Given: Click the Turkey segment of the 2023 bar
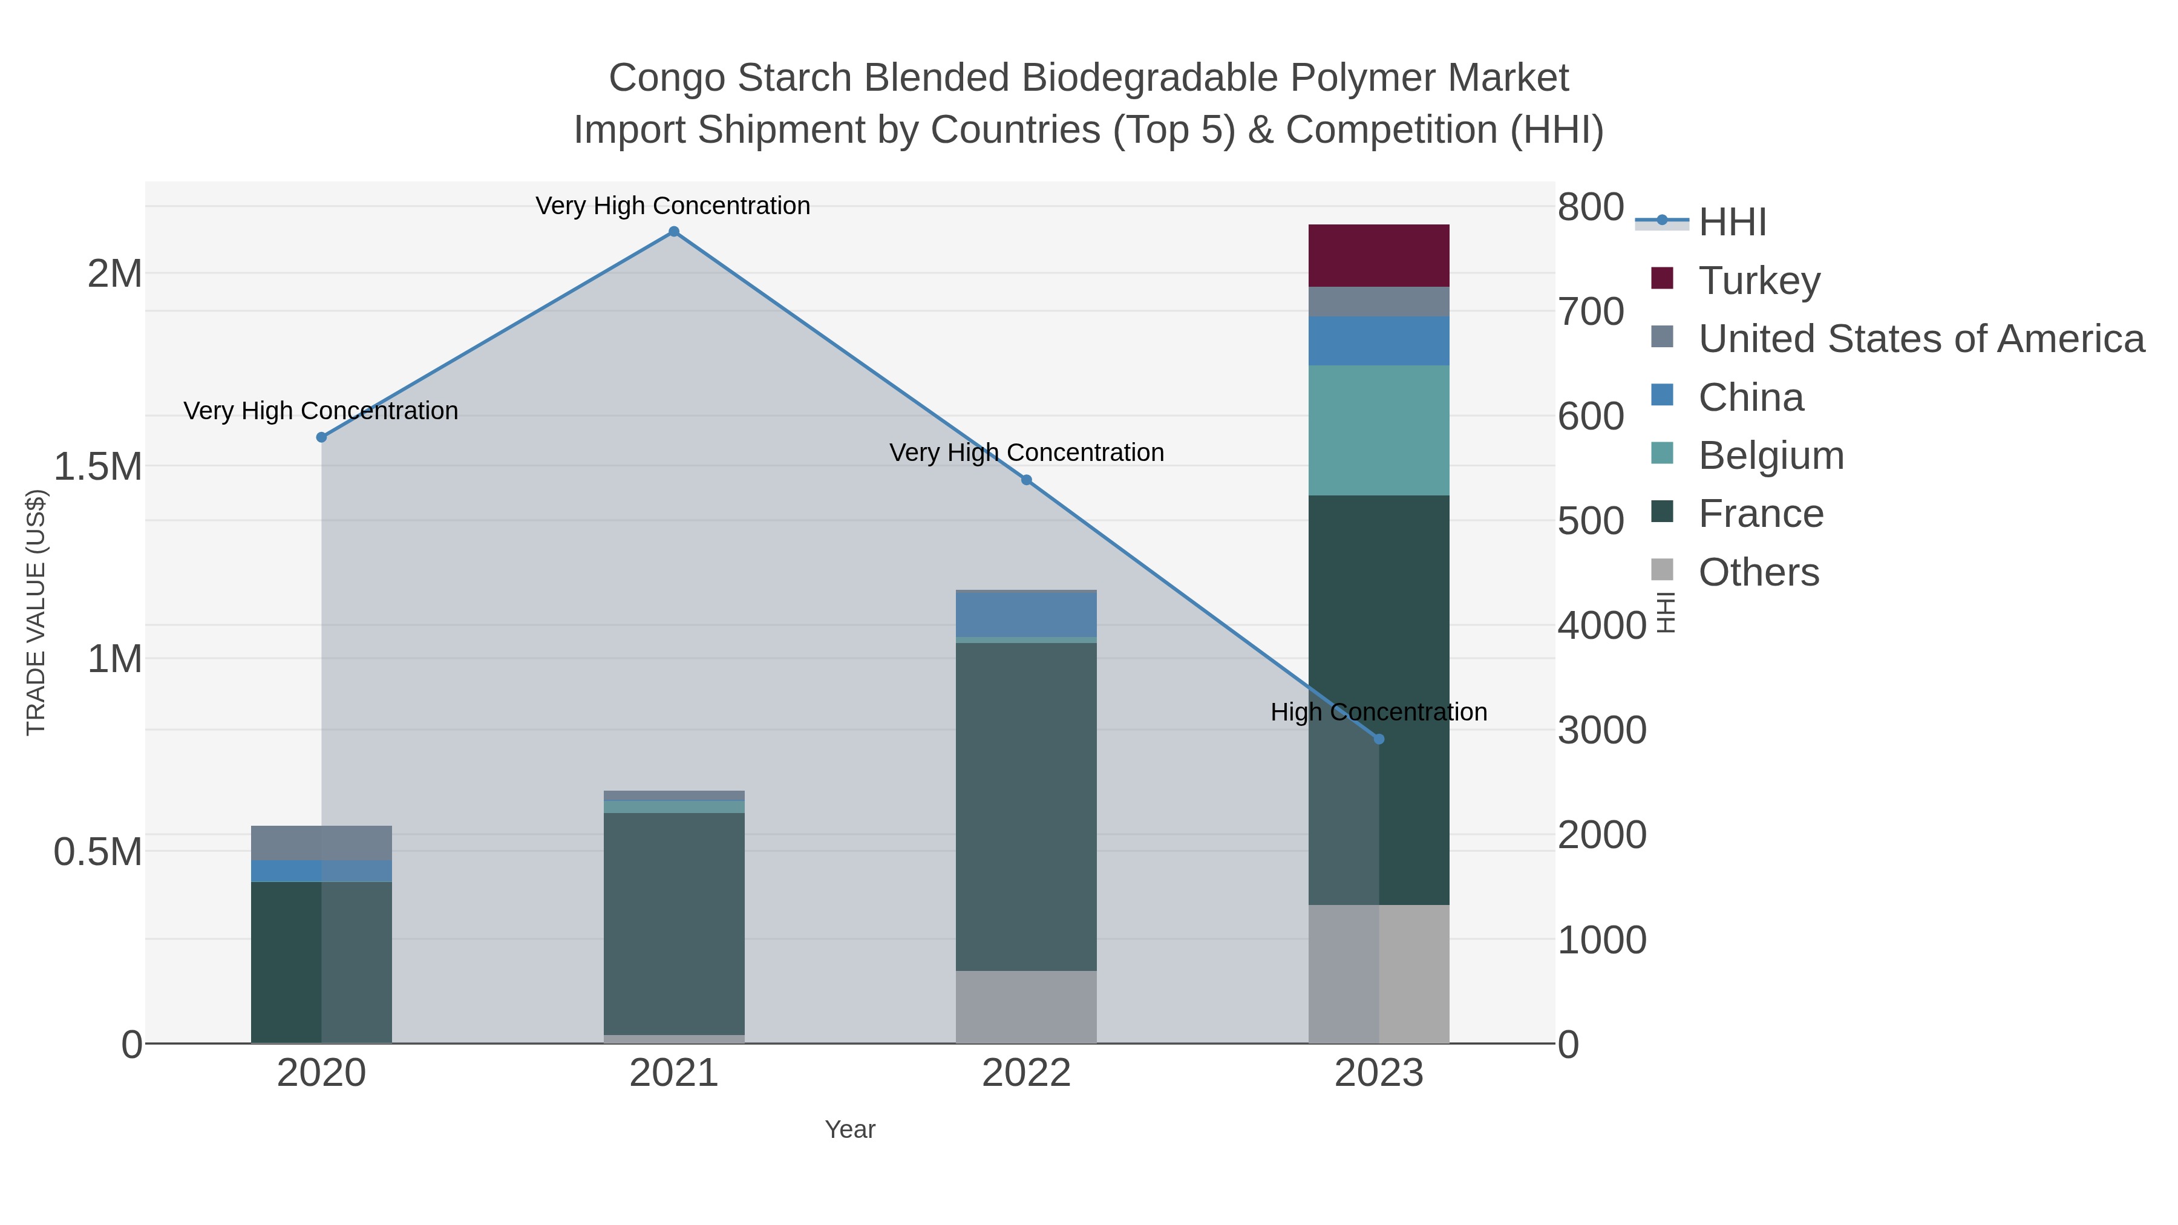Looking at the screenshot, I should pos(1378,255).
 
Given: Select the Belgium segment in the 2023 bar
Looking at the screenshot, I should pos(1378,430).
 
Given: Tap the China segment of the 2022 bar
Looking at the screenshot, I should pos(1025,615).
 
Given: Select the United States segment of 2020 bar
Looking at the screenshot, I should pos(321,843).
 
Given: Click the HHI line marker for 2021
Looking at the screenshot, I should pos(674,232).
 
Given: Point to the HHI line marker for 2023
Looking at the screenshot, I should pos(1379,739).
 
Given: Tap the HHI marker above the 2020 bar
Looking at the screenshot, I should pos(321,437).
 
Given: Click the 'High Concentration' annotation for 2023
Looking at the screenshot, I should pos(1378,712).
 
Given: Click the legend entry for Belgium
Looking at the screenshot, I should pos(1770,456).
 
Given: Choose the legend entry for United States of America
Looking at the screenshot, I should pos(1920,339).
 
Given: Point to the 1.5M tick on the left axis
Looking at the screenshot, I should pos(98,466).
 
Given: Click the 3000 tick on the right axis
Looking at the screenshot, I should pos(1601,730).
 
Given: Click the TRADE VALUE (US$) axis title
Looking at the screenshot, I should pos(36,612).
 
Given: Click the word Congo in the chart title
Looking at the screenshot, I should pos(667,78).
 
